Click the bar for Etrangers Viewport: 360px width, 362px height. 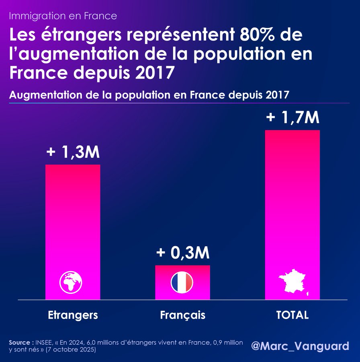[73, 225]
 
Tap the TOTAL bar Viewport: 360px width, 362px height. [292, 209]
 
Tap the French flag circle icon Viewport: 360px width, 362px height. [182, 282]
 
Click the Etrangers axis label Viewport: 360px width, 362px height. [73, 315]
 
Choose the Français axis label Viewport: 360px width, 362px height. [183, 315]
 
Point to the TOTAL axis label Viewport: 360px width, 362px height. [292, 315]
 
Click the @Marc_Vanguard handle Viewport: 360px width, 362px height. [300, 346]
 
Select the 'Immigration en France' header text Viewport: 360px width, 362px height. [63, 16]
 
